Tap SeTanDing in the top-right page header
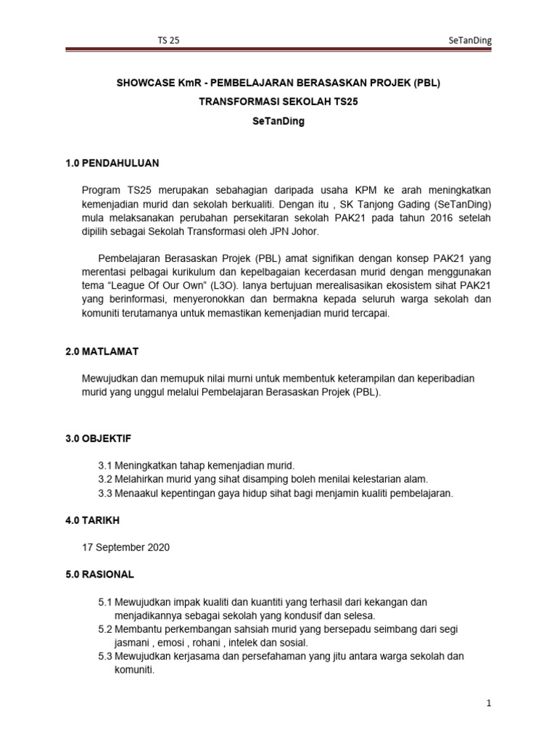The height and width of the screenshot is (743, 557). tap(470, 41)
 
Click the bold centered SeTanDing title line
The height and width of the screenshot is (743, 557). tap(278, 122)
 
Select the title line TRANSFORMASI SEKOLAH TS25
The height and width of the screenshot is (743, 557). tap(278, 102)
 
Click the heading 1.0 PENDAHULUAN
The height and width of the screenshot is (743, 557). tap(112, 163)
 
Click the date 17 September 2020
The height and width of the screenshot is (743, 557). tap(127, 547)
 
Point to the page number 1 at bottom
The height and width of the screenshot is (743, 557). tap(489, 704)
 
